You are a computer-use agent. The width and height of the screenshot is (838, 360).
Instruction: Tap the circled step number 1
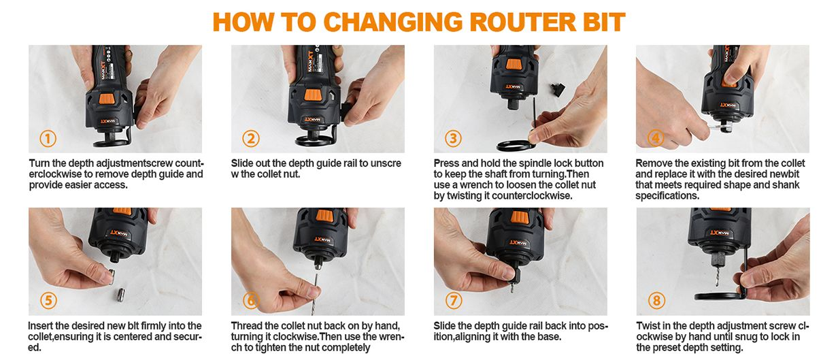coord(48,138)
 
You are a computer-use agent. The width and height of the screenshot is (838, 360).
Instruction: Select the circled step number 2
coord(250,138)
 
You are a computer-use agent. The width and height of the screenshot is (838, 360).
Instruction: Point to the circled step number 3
coord(453,138)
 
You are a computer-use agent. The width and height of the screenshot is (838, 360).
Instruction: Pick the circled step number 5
coord(48,300)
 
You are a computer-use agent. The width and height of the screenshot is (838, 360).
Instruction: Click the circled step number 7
coord(454,300)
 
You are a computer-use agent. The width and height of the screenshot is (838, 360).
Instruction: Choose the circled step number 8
coord(656,300)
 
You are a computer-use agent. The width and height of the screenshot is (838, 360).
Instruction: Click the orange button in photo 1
coord(107,99)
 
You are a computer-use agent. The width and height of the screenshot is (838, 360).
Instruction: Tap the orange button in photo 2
coord(313,95)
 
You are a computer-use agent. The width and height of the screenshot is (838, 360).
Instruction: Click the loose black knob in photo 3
coord(557,90)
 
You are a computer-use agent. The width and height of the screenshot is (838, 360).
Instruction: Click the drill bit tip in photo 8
coord(717,285)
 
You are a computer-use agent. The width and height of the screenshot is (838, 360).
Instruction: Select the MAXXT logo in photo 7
coord(518,243)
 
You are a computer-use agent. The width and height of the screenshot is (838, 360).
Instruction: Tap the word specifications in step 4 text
coord(667,196)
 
